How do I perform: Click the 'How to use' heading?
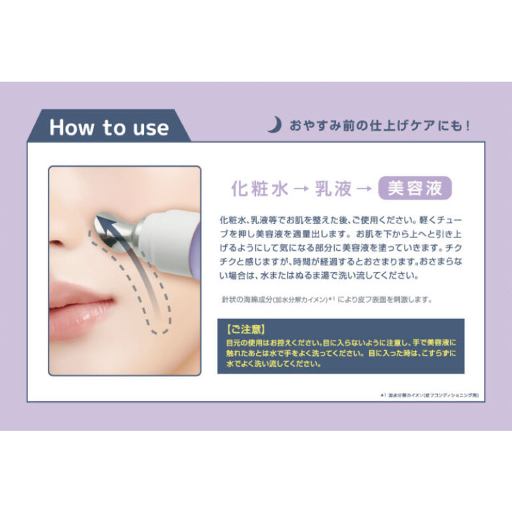pyautogui.click(x=109, y=127)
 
